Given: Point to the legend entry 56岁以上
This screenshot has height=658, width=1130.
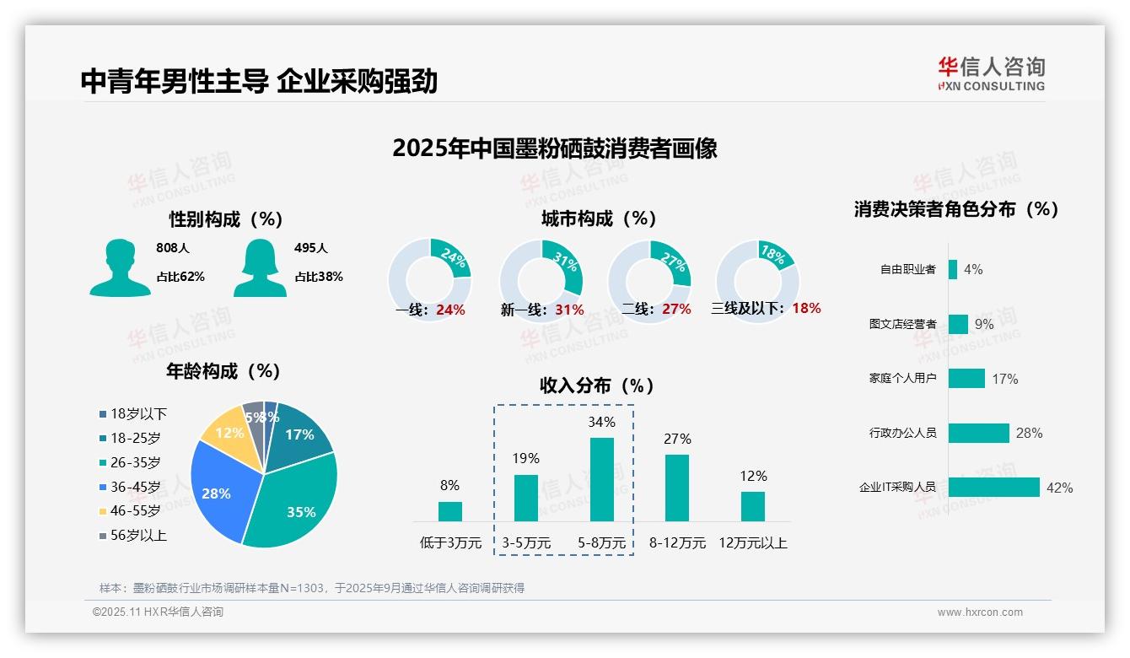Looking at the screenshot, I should [132, 536].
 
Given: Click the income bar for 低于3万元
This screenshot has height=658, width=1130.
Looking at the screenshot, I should [449, 511].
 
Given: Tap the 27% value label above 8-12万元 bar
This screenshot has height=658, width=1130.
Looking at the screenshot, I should [677, 439].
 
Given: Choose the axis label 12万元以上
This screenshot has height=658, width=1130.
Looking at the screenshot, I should [753, 543].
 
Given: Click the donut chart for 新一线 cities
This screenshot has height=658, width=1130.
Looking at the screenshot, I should [541, 279].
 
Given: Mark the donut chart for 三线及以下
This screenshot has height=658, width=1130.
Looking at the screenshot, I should [757, 279].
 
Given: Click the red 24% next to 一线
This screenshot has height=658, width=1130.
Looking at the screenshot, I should [450, 310].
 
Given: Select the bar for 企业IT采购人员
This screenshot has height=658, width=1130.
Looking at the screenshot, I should [993, 488].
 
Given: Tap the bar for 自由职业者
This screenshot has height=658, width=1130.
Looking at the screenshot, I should [953, 269].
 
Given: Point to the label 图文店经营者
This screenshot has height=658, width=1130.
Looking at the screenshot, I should [902, 324].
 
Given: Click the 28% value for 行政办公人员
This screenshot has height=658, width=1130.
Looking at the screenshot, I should [1029, 433].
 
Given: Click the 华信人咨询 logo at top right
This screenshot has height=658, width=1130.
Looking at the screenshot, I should [991, 73].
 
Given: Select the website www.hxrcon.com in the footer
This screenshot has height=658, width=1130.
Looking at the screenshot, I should [979, 612].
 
